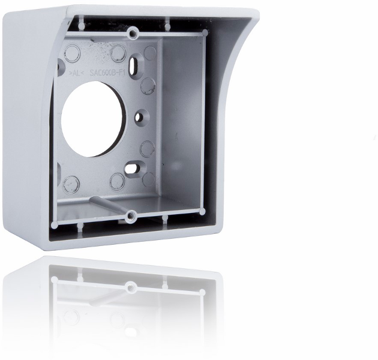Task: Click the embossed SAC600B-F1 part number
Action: click(107, 71)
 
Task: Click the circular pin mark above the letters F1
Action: click(118, 54)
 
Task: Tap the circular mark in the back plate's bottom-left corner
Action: click(71, 182)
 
